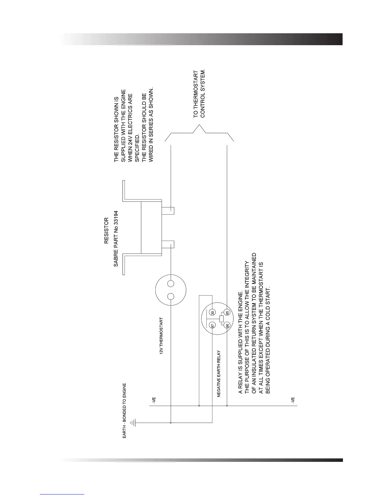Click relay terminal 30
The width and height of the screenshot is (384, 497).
pos(212,313)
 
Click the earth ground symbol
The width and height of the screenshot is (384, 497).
pos(133,423)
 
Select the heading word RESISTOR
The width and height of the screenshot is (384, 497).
pos(106,231)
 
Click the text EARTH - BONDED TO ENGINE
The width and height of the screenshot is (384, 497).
pos(124,410)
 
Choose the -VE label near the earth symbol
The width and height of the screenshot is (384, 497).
pos(154,401)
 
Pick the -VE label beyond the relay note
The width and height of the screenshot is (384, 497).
pos(292,401)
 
